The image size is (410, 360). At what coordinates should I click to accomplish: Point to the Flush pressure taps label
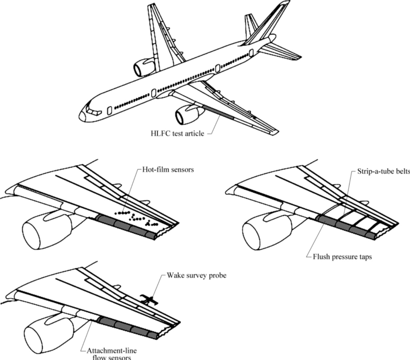click(x=342, y=257)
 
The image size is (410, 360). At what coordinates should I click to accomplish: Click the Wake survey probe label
click(x=197, y=275)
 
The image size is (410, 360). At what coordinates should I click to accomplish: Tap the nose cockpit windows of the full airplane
click(x=92, y=110)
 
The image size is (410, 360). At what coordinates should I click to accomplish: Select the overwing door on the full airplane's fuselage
click(x=153, y=93)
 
